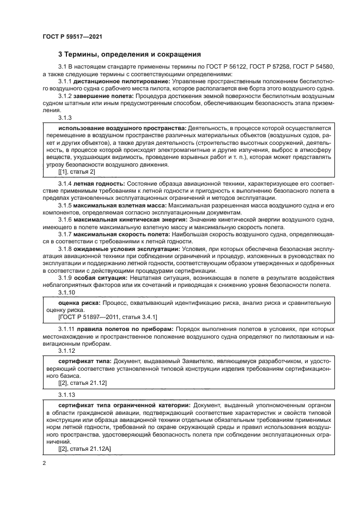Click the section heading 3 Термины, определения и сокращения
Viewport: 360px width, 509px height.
point(130,54)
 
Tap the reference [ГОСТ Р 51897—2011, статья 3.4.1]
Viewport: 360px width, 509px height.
point(101,316)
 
